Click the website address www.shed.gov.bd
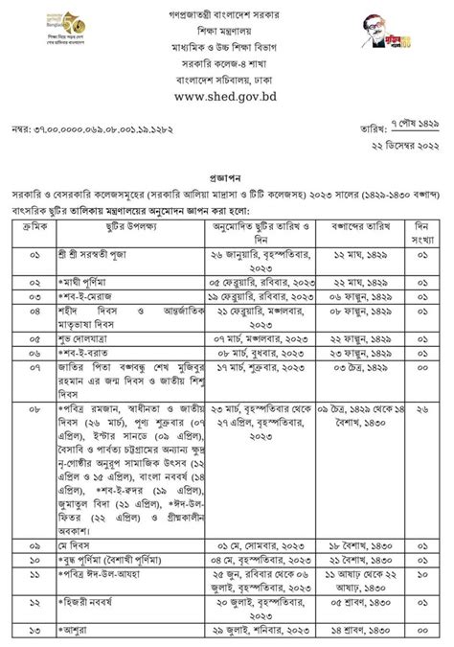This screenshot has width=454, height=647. click(x=226, y=96)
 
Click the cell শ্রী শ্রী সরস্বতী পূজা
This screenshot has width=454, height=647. click(x=87, y=255)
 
